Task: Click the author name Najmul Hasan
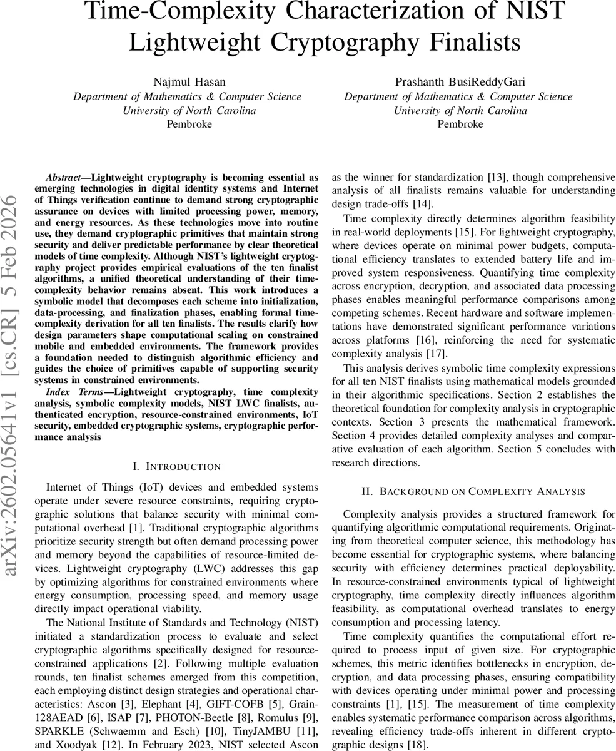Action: (189, 82)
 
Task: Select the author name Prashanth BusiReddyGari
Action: (458, 82)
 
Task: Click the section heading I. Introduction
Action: (177, 467)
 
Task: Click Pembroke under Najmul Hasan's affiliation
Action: (189, 124)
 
